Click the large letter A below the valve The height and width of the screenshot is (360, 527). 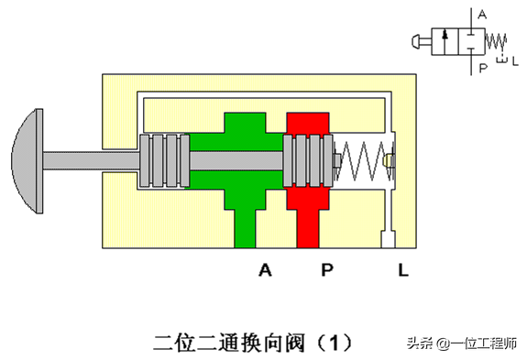click(x=265, y=269)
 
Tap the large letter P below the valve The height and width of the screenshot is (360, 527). click(x=327, y=269)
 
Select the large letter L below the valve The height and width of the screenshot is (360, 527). click(x=403, y=269)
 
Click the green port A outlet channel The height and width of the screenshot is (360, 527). click(x=245, y=228)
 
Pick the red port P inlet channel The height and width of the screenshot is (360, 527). click(x=308, y=228)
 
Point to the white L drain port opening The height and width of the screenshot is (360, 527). click(x=388, y=239)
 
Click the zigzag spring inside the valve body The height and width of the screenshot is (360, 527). click(x=363, y=161)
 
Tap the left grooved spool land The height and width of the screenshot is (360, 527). click(x=164, y=161)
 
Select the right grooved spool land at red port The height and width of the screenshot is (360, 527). click(x=308, y=161)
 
